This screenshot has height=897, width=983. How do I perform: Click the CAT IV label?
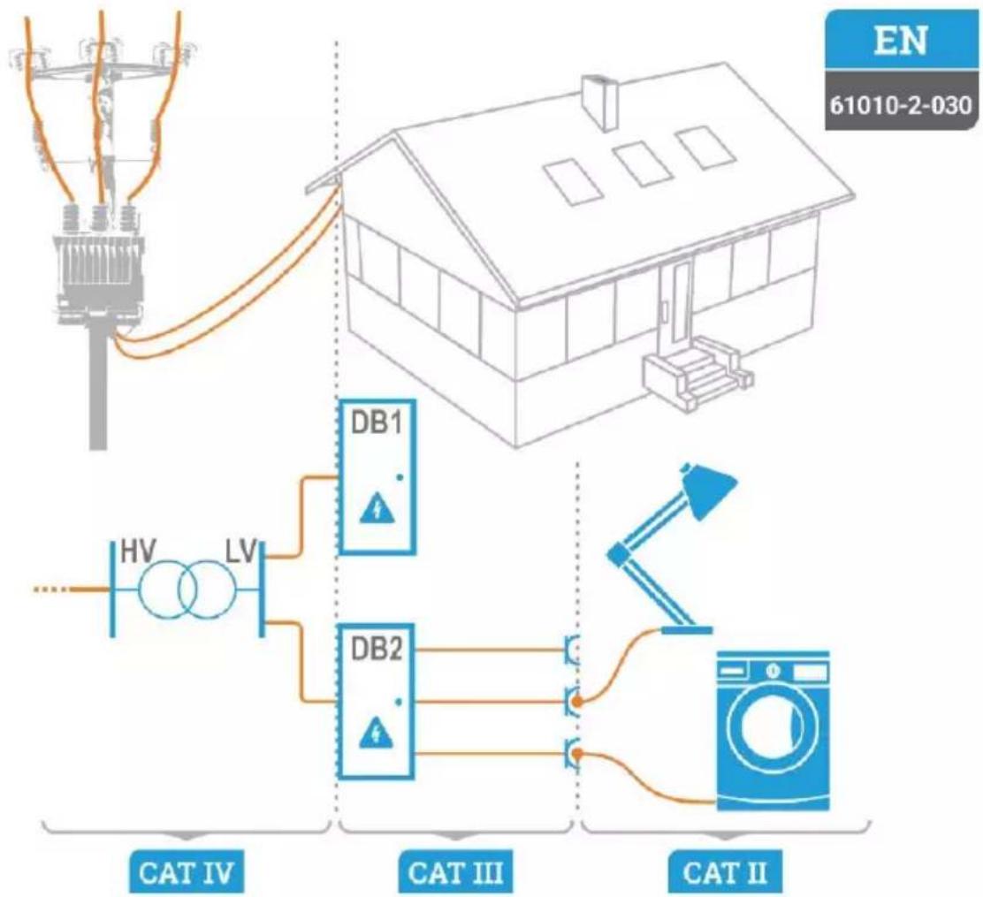(x=187, y=872)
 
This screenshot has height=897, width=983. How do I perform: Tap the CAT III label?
(x=455, y=872)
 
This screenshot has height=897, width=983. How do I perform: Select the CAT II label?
(x=725, y=872)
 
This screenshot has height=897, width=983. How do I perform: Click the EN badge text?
(x=901, y=41)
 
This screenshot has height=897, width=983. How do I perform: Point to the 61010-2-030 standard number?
(x=901, y=104)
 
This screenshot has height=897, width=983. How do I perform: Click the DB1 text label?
(x=377, y=423)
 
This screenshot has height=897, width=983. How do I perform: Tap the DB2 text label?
(x=377, y=649)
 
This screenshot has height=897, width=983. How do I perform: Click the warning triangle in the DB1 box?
(x=377, y=509)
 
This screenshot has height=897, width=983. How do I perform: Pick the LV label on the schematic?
(x=242, y=551)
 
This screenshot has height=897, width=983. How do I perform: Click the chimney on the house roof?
(x=600, y=102)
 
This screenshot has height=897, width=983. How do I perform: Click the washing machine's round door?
(x=773, y=730)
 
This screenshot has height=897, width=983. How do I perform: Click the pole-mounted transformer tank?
(x=100, y=273)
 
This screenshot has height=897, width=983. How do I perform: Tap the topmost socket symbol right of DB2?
(x=572, y=650)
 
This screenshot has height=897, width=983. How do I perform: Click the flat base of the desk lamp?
(x=687, y=630)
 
